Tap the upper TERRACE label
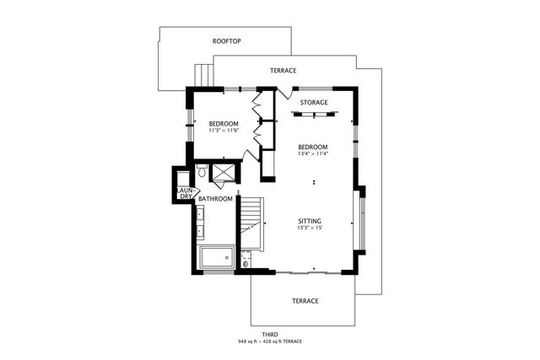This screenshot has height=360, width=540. pos(283,71)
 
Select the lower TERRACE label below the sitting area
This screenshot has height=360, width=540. pos(305,300)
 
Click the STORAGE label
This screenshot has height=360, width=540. pos(314,103)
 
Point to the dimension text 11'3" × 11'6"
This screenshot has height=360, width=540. pos(224,131)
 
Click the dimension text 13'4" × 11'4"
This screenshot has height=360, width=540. pos(313,153)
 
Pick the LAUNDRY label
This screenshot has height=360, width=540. pos(186,194)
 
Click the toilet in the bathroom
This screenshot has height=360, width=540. pos(202,171)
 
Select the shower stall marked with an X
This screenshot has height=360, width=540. pos(224,172)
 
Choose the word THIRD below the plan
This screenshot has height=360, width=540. pos(269,335)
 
